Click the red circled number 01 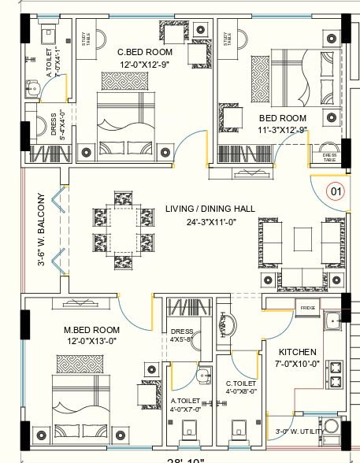[x=336, y=191]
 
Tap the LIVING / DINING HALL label [x=210, y=209]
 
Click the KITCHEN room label [x=298, y=351]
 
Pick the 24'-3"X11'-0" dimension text [x=210, y=223]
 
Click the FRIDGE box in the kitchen [x=306, y=306]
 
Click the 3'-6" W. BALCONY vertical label [x=42, y=230]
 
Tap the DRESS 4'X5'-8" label [x=181, y=335]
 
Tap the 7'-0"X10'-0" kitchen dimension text [x=297, y=364]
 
